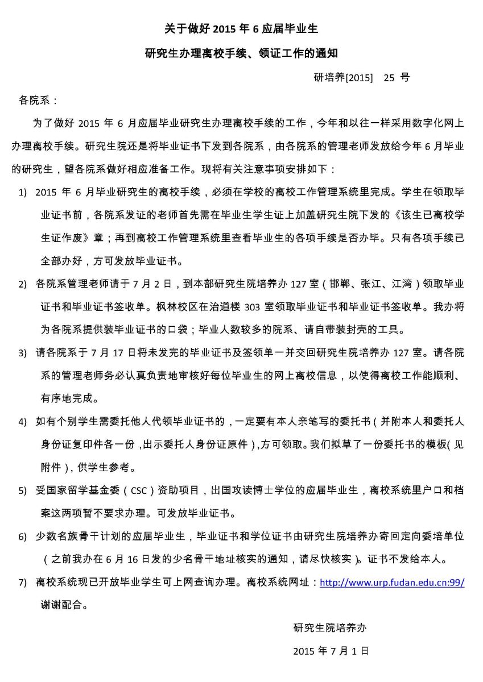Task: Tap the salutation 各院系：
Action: [x=39, y=101]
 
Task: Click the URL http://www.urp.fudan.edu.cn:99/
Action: [x=392, y=583]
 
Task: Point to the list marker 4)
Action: [x=23, y=422]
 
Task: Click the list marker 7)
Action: [x=23, y=583]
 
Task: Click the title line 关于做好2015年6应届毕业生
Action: [x=241, y=29]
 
